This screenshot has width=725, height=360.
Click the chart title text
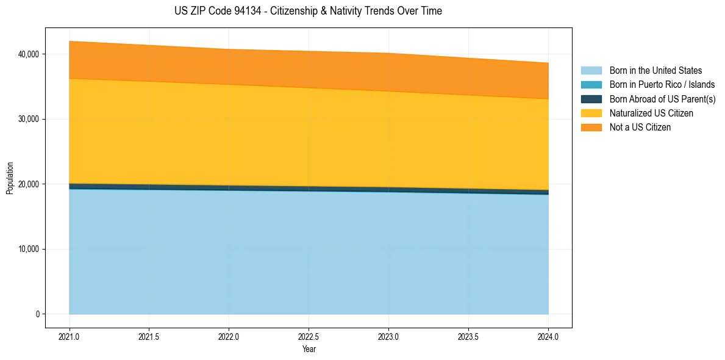pos(309,11)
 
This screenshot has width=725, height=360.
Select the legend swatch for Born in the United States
pos(591,71)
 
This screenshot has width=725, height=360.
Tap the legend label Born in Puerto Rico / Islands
pos(662,85)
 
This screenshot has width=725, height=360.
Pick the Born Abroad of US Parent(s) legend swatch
pos(591,99)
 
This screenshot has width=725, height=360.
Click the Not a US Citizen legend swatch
pos(591,128)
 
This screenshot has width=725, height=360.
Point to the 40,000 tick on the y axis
pos(29,54)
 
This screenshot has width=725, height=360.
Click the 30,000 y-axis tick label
pos(29,120)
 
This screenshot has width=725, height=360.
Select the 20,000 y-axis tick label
pos(29,184)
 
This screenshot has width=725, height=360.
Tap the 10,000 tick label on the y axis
pos(29,250)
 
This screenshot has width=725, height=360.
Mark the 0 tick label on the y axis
pos(38,314)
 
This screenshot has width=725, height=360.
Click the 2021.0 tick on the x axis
pos(70,336)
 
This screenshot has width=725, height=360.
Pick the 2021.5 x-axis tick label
pos(149,336)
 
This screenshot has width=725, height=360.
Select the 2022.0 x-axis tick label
pos(229,336)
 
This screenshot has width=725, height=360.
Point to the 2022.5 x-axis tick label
pos(309,336)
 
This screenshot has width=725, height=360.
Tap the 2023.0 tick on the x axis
pos(388,336)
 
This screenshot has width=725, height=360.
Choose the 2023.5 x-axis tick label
pos(468,336)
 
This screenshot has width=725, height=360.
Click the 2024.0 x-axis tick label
pos(548,336)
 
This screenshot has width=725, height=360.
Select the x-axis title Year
pos(309,349)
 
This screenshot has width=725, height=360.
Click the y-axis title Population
pos(9,178)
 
